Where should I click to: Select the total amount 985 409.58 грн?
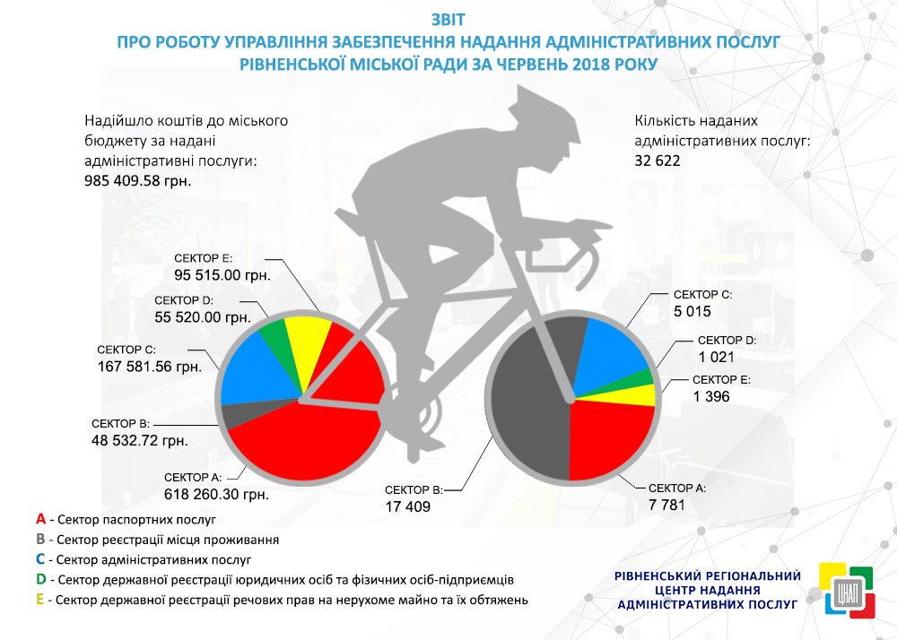click(138, 180)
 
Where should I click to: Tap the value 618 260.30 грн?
click(217, 493)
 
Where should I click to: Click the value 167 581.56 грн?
click(149, 366)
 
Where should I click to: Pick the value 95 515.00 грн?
click(222, 274)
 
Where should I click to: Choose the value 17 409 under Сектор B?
click(408, 506)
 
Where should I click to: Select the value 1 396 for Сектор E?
click(711, 396)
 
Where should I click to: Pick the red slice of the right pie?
click(610, 439)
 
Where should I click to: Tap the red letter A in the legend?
click(40, 519)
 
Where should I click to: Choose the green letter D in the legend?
click(41, 579)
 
